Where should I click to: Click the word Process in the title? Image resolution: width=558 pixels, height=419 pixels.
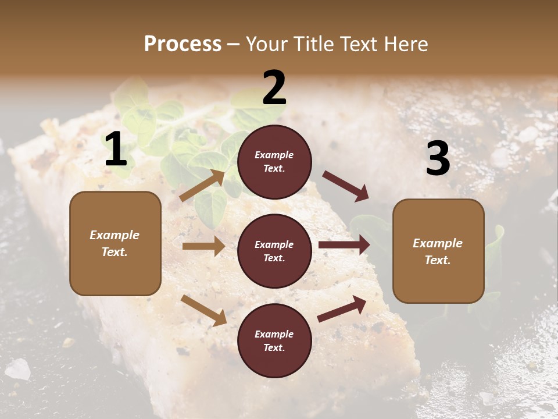(183, 44)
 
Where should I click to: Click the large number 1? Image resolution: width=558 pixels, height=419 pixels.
(116, 150)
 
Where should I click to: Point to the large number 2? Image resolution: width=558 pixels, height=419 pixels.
(274, 88)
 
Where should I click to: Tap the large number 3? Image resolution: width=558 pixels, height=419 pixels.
(438, 159)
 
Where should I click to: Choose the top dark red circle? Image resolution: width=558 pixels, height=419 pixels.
(274, 162)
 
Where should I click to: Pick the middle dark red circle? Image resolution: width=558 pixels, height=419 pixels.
(274, 251)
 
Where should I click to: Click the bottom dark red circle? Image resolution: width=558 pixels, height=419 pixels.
(274, 340)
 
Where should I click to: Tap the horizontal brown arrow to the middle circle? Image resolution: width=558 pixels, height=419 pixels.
(204, 246)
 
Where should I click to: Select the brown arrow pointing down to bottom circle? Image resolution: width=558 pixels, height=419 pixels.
(204, 310)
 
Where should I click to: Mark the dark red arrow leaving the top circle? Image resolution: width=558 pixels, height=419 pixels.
(346, 186)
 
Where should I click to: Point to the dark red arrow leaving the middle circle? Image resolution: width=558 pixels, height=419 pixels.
(344, 245)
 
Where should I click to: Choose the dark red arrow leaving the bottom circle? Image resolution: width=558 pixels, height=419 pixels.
(342, 309)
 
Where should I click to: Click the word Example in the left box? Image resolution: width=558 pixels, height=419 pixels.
(115, 235)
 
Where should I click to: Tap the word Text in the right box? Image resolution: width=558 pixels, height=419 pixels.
(437, 260)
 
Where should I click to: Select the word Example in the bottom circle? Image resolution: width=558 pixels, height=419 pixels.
(274, 334)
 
